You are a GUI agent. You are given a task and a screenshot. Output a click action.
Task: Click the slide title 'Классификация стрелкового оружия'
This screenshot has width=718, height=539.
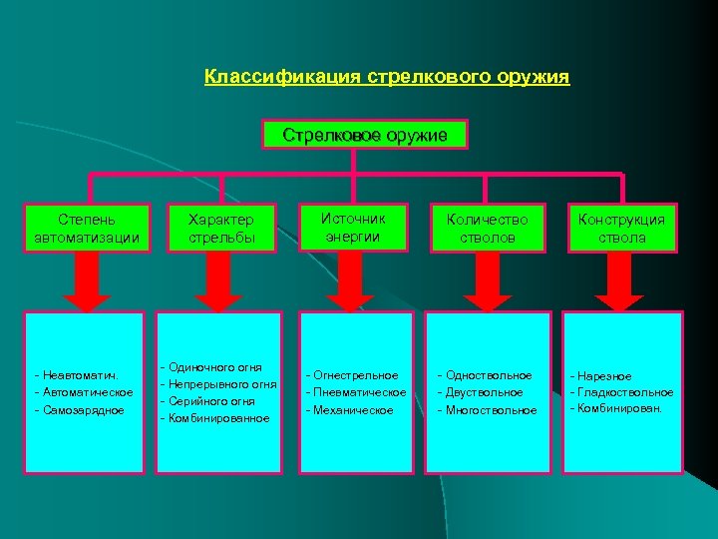click(x=387, y=77)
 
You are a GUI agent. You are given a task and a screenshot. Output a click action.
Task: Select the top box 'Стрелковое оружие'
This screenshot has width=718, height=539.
click(x=365, y=135)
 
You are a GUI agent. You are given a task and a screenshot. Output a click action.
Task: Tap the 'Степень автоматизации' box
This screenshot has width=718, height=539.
click(x=88, y=229)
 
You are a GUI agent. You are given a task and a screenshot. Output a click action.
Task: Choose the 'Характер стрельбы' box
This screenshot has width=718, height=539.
click(x=222, y=229)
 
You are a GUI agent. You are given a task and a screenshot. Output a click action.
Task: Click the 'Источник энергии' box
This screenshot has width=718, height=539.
click(x=355, y=228)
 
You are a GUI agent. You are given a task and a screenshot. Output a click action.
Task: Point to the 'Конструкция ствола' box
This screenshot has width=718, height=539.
click(x=622, y=229)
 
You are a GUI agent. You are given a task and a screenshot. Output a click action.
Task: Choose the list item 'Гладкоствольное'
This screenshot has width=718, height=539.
click(x=625, y=392)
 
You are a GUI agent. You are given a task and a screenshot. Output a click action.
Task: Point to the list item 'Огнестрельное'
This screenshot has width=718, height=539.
click(x=355, y=375)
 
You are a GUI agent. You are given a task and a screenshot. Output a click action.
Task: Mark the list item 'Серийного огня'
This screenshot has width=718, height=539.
click(x=211, y=400)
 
